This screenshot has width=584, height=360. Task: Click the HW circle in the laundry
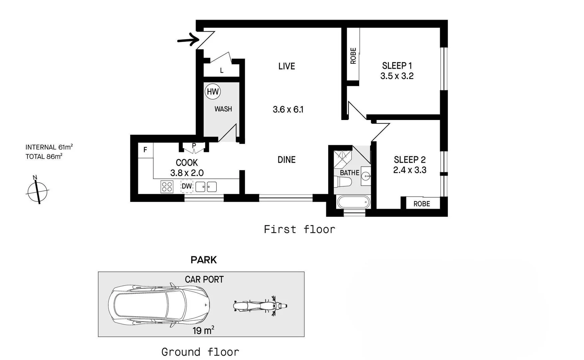213,92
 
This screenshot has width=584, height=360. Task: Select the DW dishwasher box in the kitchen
187,186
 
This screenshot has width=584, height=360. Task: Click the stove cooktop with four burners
167,187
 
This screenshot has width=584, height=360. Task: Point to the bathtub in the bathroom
353,202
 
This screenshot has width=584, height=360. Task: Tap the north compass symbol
37,191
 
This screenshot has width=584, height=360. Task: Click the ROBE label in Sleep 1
353,56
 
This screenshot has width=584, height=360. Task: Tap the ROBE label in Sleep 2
421,204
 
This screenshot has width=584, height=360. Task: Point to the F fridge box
145,150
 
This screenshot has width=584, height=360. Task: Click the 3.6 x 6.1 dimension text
288,109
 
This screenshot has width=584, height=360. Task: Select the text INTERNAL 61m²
49,147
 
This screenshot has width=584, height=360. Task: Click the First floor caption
299,229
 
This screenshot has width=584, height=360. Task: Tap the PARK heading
204,260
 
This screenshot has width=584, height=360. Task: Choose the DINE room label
287,160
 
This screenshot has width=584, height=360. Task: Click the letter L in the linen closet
222,71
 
